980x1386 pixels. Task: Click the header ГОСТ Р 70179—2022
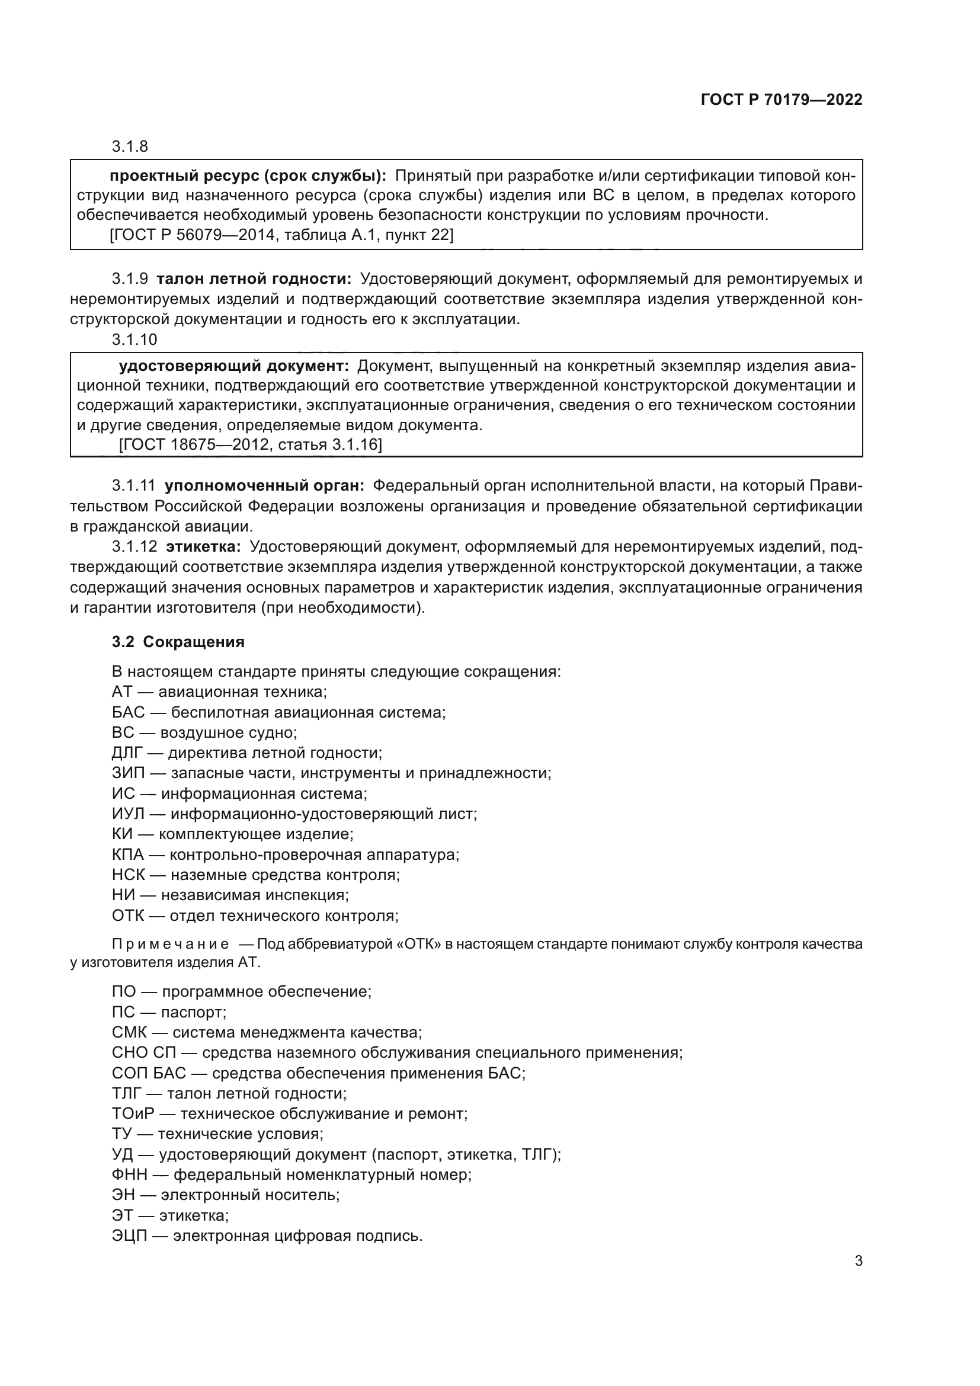point(782,100)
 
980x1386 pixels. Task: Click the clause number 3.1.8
point(130,146)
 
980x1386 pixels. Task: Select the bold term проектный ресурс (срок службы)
point(248,175)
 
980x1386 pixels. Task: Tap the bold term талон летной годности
point(254,279)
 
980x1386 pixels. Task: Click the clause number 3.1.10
point(134,340)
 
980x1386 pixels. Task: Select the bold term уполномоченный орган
point(264,485)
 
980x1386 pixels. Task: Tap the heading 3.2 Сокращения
point(178,642)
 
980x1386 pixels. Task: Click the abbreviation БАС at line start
point(128,712)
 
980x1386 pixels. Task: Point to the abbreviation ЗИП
point(128,773)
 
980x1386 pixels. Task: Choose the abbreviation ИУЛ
point(128,814)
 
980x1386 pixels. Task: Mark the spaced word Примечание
point(170,943)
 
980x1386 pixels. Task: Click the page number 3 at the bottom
point(858,1260)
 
